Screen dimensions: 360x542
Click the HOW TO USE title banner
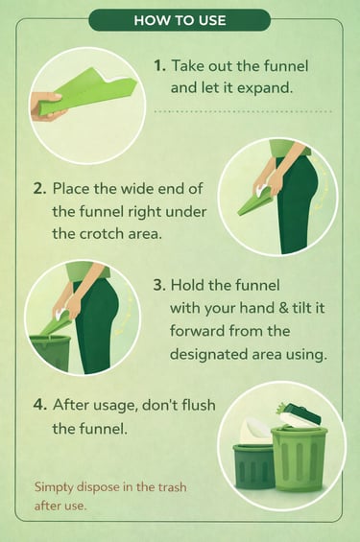180,20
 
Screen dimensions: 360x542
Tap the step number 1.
159,65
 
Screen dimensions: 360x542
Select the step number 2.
39,189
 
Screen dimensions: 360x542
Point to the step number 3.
160,286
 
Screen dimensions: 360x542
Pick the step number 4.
39,405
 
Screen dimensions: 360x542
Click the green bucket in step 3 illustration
49,353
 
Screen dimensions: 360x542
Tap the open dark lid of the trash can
300,413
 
